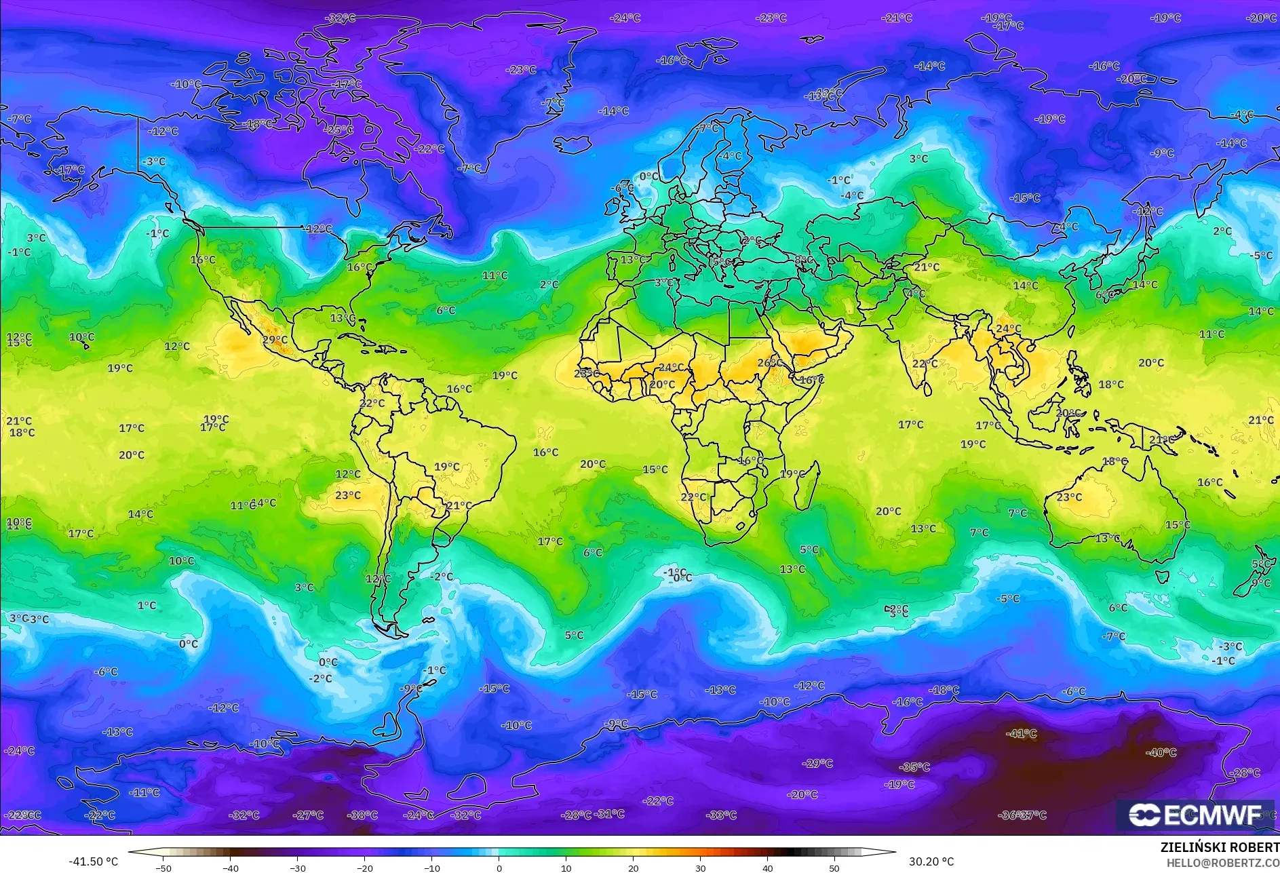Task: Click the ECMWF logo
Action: coord(1195,815)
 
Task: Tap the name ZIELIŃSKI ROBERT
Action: coord(1220,847)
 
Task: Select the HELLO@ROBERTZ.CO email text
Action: coord(1222,863)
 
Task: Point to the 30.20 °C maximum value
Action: coord(931,861)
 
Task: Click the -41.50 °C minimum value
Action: coord(93,861)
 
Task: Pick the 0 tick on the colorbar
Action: coord(499,868)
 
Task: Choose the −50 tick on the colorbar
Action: coord(163,868)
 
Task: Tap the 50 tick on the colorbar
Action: coord(834,868)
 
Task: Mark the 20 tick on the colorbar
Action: coord(633,868)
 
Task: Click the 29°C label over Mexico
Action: coord(275,340)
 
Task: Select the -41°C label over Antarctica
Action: coord(1022,733)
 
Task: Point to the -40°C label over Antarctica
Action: coord(1161,752)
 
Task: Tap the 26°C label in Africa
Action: coord(769,363)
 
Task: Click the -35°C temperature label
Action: coord(914,767)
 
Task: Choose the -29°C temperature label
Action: coord(817,763)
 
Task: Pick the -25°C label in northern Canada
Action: coord(338,129)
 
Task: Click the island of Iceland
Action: coord(573,144)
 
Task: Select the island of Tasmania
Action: coord(1162,576)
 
